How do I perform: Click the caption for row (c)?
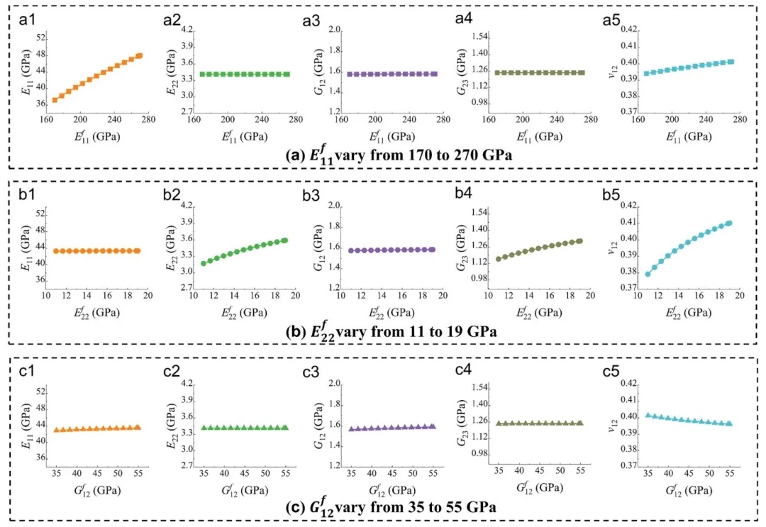tap(383, 506)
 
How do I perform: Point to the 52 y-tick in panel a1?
tap(41, 38)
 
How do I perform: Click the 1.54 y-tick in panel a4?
tap(483, 36)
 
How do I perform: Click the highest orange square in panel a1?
tap(140, 55)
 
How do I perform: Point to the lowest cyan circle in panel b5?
tap(648, 274)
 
